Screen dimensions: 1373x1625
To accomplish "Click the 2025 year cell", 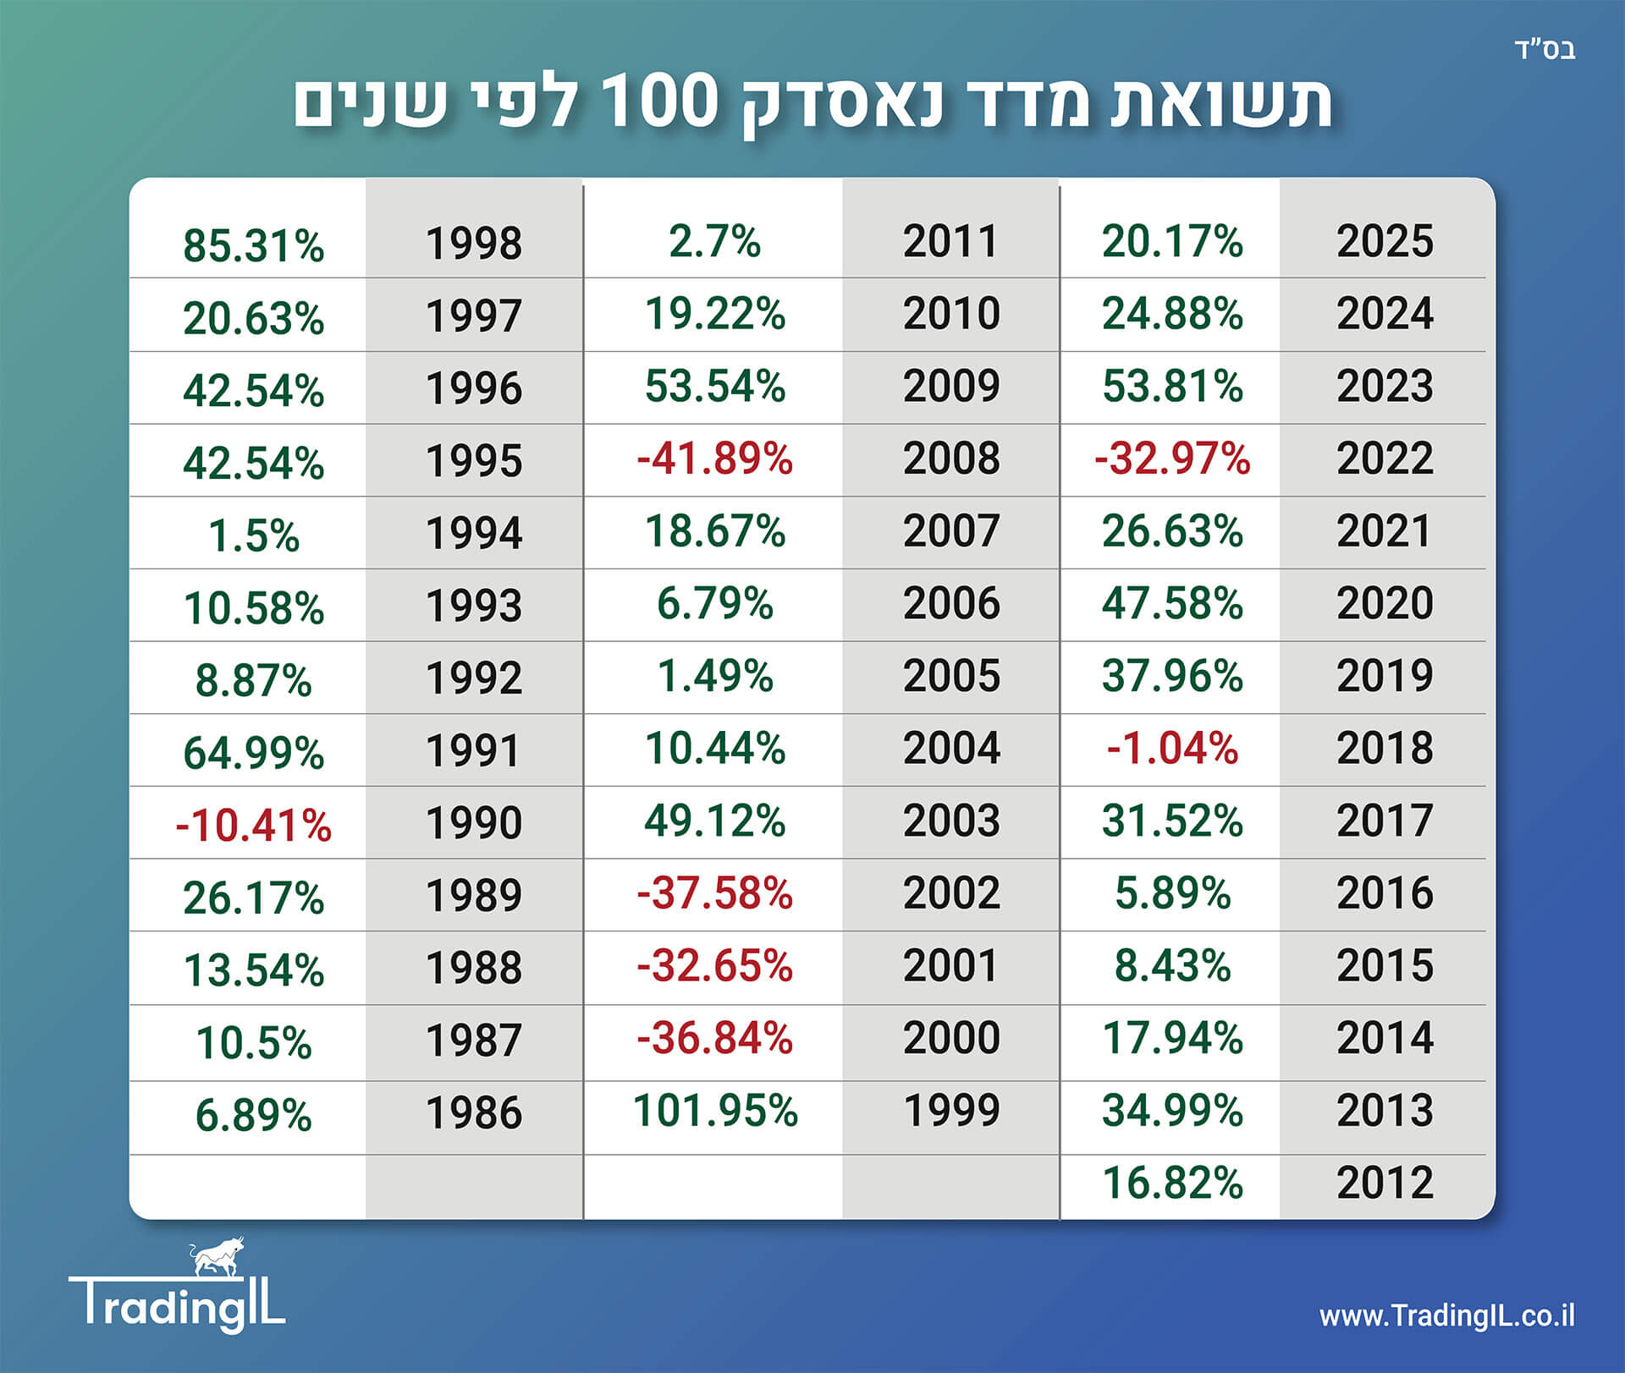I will coord(1385,241).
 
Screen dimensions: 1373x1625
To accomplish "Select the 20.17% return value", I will coord(1172,241).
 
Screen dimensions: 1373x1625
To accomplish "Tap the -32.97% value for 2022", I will coord(1172,459).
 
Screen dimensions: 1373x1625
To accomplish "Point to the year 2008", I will coord(951,459).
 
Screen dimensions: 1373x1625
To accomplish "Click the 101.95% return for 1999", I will coord(715,1111).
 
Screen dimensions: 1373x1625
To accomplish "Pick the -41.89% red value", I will coord(715,459).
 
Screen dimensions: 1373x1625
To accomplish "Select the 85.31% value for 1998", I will coord(254,245).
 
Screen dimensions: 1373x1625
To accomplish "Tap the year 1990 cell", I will coord(474,823).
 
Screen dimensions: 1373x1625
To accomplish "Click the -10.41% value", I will coord(254,826).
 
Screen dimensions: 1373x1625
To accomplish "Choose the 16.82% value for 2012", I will coord(1172,1183).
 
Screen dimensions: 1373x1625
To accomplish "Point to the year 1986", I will coord(474,1113).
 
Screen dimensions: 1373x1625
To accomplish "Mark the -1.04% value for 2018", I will coord(1172,749).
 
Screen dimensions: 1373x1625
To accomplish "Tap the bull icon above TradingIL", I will coord(217,1257).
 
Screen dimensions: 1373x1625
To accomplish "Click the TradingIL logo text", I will coord(178,1304).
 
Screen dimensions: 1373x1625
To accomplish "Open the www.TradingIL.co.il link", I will coord(1446,1316).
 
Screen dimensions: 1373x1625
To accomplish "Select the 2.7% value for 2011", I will coord(715,241).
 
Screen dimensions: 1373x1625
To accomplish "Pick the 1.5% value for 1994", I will coord(254,536).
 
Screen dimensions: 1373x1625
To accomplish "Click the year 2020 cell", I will coord(1385,603).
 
